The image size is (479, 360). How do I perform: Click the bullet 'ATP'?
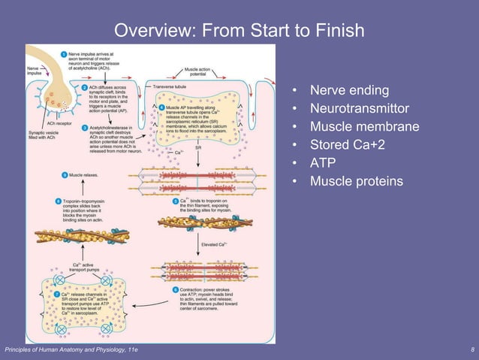[323, 163]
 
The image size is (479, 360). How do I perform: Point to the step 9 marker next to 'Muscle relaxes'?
[63, 175]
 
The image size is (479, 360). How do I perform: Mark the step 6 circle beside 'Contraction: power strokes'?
[175, 289]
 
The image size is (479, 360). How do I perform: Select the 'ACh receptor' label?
[59, 123]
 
